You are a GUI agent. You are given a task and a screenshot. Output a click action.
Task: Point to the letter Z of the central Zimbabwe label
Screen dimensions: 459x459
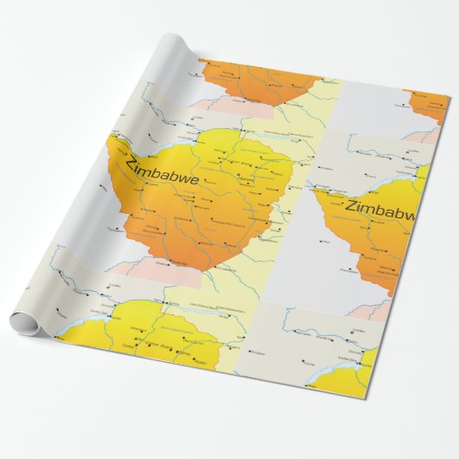131,165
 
